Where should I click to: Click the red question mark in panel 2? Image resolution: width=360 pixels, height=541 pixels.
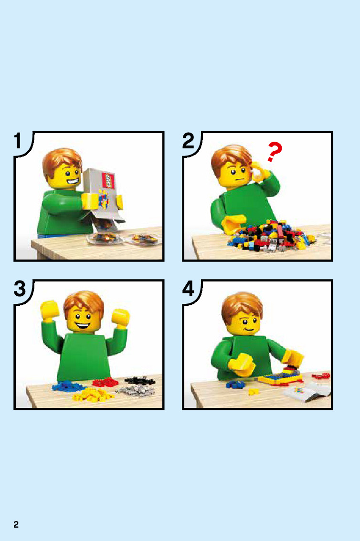point(275,152)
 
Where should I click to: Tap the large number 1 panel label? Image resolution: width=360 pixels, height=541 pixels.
point(18,141)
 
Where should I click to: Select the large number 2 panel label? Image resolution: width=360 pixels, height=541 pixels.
point(189,141)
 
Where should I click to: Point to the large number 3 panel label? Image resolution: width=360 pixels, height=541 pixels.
point(20,289)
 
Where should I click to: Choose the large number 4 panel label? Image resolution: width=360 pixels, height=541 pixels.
point(189,289)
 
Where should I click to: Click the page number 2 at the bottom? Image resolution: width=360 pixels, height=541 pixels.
point(16,525)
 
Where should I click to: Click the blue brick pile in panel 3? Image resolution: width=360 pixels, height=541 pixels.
point(67,385)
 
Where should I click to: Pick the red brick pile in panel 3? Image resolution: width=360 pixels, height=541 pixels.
point(105,382)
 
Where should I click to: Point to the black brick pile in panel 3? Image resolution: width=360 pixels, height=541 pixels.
point(139,381)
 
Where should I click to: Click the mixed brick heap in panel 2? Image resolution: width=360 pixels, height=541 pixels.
point(271,236)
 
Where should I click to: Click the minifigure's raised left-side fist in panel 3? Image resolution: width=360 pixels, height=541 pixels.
point(49,310)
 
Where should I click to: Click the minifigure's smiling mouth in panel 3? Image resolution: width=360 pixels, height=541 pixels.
point(83,325)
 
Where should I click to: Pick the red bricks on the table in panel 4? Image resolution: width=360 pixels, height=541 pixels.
point(321,376)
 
